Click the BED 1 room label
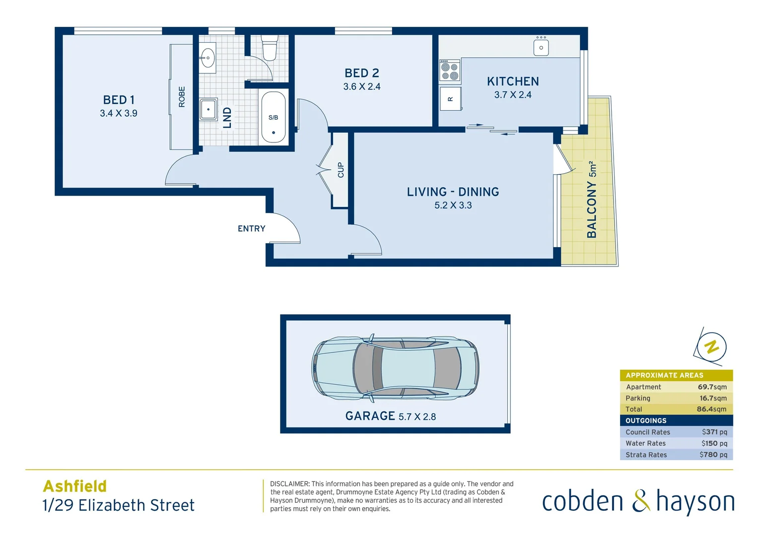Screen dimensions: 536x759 [119, 100]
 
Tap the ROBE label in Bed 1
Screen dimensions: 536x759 [182, 97]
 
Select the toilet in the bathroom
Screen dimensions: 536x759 [269, 47]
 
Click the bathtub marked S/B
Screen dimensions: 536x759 [274, 118]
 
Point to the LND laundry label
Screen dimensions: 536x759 [227, 118]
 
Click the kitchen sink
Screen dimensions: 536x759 [541, 48]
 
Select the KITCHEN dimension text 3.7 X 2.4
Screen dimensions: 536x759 [513, 95]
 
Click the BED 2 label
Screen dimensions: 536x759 [362, 73]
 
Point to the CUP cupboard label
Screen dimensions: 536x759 [341, 170]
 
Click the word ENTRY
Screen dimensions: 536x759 [252, 229]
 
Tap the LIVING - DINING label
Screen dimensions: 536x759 [453, 192]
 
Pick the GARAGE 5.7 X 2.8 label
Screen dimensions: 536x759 [390, 416]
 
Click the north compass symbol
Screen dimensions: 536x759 [712, 346]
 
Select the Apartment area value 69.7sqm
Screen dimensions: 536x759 [712, 387]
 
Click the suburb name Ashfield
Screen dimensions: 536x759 [75, 486]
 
